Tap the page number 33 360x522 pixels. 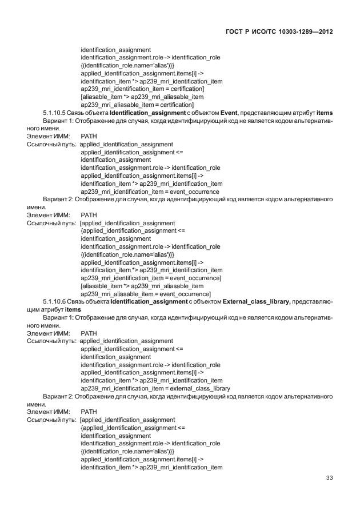(329, 478)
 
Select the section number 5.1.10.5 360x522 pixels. (54, 113)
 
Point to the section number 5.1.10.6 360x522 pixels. (54, 301)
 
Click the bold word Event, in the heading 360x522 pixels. (232, 113)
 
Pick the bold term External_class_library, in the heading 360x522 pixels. (257, 301)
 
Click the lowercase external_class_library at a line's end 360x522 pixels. (200, 388)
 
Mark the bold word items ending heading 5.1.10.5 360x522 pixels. (324, 113)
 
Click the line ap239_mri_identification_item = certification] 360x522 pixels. (142, 89)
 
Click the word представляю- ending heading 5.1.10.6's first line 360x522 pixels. (313, 301)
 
